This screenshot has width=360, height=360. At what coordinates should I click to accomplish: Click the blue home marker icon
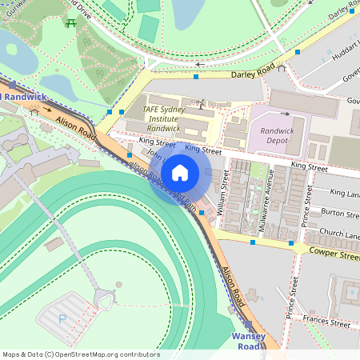(x=180, y=172)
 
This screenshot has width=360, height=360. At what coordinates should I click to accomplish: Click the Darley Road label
(x=253, y=71)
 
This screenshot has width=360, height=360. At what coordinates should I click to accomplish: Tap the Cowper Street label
(x=332, y=255)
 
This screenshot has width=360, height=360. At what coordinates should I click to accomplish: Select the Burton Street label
(x=339, y=213)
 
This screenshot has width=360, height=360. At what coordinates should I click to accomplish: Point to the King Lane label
(x=345, y=193)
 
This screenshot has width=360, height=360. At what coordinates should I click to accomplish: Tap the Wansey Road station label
(x=248, y=341)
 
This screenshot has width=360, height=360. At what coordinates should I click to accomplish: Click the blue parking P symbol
(x=62, y=318)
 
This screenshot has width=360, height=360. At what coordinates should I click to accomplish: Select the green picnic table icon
(x=72, y=22)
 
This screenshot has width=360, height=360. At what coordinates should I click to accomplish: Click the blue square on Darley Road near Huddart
(x=298, y=52)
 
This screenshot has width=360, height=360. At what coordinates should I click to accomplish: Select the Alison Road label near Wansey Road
(x=234, y=287)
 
